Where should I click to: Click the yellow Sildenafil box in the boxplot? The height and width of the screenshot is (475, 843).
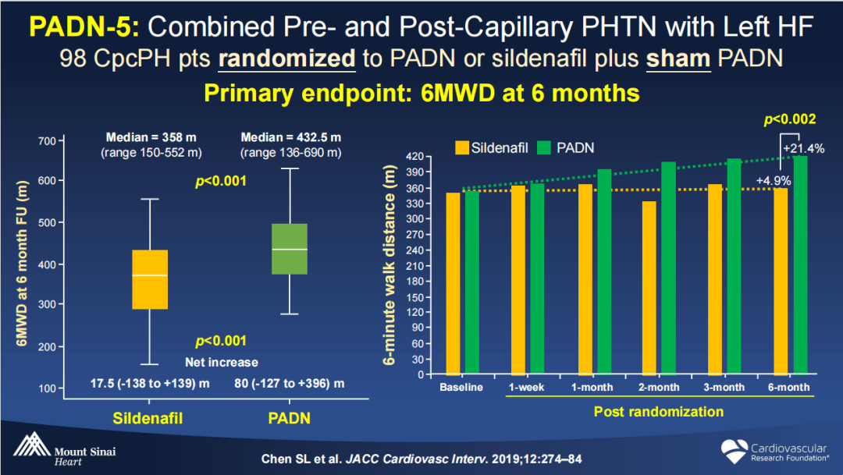[149, 279]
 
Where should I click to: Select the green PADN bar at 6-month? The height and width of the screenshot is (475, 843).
[800, 265]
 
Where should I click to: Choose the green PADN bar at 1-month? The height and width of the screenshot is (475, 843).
[603, 271]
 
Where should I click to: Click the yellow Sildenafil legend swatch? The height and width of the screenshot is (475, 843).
[463, 147]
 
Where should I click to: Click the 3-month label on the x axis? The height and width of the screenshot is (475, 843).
[724, 388]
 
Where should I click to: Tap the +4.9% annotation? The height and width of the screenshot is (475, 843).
[774, 181]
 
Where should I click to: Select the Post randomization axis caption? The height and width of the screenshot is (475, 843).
[659, 411]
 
